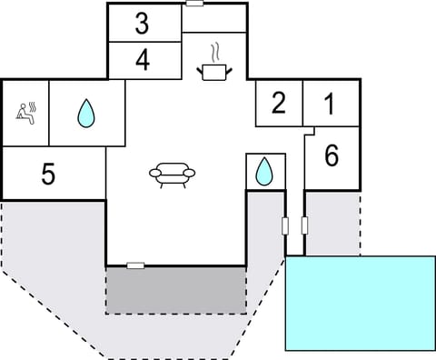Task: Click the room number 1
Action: pos(329,104)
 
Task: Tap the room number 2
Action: pos(279,104)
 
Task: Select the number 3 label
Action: pos(142,24)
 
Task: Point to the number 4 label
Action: pos(142,60)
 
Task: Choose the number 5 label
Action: pos(48,174)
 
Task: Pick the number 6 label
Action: pos(332,156)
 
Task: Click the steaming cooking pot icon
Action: pos(214,71)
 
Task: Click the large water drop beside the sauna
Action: pos(85,113)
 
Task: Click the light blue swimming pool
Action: pos(361,302)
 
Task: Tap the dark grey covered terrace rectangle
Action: pos(175,290)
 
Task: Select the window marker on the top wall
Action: pos(194,4)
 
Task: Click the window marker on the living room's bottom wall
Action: pos(135,265)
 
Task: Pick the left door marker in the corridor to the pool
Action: pos(285,225)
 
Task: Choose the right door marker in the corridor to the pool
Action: pos(304,225)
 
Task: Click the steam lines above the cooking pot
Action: pos(214,51)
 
